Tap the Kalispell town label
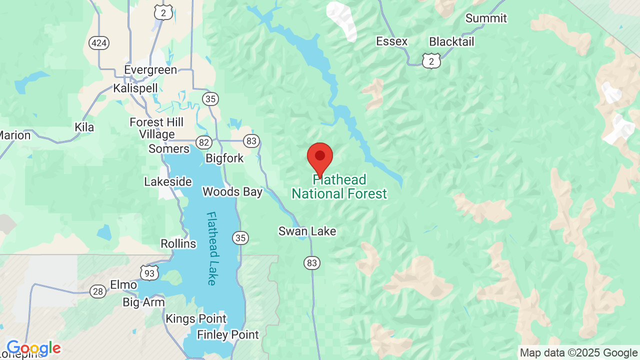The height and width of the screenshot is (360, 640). (135, 88)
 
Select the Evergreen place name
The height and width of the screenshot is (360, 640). (150, 70)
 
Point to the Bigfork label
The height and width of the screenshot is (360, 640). (224, 158)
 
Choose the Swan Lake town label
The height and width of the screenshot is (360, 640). (307, 231)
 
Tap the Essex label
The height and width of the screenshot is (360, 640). (392, 41)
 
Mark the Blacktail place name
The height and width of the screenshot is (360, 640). (451, 41)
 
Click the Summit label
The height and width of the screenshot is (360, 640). (486, 18)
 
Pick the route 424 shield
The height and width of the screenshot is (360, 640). (99, 43)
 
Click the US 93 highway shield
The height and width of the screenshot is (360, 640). (149, 272)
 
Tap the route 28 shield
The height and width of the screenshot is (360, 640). (98, 291)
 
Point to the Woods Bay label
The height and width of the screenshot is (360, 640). (232, 192)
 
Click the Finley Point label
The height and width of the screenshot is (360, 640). (228, 335)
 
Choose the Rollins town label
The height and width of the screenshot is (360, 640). (178, 244)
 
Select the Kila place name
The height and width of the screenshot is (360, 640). (84, 127)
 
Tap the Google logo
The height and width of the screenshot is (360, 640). (33, 348)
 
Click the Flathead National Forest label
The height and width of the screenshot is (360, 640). (339, 187)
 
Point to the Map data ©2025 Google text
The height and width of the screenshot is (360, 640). (578, 353)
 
